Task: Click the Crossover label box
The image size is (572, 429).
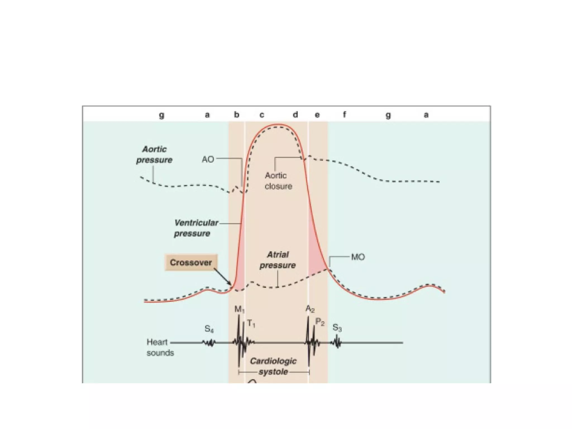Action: click(191, 263)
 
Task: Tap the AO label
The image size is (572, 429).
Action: click(208, 159)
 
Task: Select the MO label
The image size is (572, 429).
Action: click(358, 257)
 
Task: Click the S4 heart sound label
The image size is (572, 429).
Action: click(209, 329)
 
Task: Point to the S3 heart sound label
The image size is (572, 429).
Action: click(337, 328)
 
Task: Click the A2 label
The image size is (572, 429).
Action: click(310, 309)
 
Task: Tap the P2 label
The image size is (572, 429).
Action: click(320, 322)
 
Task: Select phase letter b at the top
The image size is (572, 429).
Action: click(237, 115)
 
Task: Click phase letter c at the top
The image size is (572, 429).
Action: click(262, 115)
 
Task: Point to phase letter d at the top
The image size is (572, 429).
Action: click(295, 115)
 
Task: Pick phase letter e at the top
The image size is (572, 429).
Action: click(317, 115)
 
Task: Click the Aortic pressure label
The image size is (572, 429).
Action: click(154, 154)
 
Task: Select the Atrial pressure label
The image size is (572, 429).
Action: click(278, 260)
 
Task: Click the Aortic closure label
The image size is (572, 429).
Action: click(278, 181)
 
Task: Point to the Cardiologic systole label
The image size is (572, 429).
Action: click(273, 366)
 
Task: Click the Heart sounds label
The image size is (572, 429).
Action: click(160, 347)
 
